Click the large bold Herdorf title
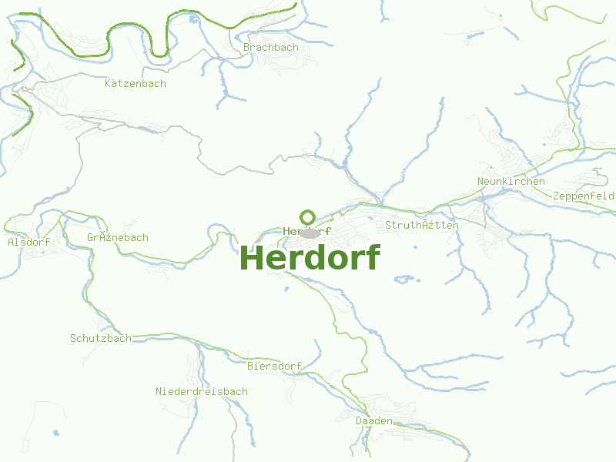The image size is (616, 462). [310, 258]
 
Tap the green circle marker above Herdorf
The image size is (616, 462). [308, 217]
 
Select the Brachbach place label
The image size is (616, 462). [270, 48]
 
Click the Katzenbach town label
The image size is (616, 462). [136, 83]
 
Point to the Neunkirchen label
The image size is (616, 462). [511, 182]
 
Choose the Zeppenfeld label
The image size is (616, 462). [584, 196]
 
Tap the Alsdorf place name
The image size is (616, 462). [28, 242]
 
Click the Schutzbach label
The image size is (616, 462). [101, 338]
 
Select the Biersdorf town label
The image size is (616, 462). [274, 366]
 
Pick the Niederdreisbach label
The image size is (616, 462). [202, 391]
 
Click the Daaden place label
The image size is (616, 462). [374, 421]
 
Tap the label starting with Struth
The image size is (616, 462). [422, 225]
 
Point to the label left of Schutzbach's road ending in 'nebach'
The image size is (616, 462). [118, 237]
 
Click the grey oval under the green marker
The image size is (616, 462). [310, 233]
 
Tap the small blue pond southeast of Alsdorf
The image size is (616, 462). [55, 434]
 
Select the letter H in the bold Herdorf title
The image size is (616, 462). [253, 258]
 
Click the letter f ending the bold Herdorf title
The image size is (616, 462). [373, 256]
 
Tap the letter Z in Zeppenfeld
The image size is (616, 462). [556, 196]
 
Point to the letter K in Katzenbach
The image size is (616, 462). [108, 83]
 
